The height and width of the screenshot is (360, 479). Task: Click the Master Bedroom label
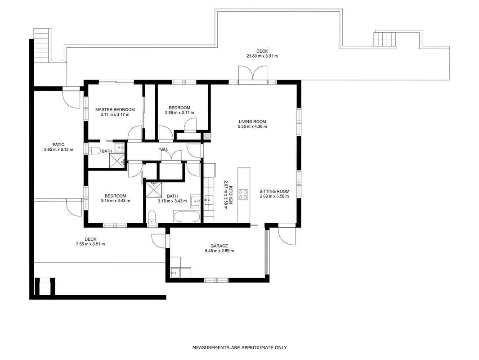[115, 110]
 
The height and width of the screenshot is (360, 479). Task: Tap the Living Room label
[252, 121]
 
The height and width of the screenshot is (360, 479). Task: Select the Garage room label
[219, 246]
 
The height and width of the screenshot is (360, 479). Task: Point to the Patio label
[58, 144]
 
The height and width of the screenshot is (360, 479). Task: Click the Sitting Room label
[274, 191]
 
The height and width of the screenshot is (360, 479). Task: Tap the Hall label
[163, 149]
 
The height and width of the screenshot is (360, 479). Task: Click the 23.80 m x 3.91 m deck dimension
[262, 56]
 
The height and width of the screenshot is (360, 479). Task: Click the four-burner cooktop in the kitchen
[243, 194]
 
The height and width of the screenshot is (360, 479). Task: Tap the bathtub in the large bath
[187, 216]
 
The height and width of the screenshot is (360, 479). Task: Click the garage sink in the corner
[176, 272]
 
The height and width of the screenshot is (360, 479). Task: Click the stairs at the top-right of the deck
[385, 40]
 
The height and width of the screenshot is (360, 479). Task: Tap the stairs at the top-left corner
[41, 45]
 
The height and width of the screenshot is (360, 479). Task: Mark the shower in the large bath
[154, 190]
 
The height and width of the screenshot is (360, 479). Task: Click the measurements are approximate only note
[239, 347]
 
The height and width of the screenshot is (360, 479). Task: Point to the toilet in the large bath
[152, 217]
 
